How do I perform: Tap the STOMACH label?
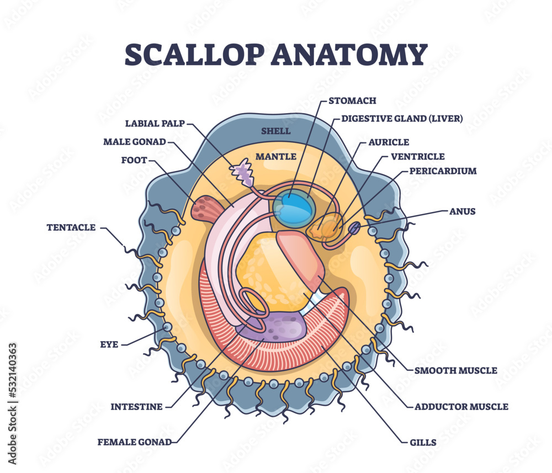tap(352, 101)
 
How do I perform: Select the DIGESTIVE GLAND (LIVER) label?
tap(402, 118)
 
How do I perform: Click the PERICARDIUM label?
tap(443, 171)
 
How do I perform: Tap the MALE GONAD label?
tap(134, 142)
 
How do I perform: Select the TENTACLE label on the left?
tap(71, 227)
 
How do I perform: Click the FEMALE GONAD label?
tap(134, 441)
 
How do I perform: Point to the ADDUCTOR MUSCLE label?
tap(461, 407)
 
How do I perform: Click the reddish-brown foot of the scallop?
tap(206, 209)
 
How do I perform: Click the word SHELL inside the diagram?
tap(276, 131)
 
